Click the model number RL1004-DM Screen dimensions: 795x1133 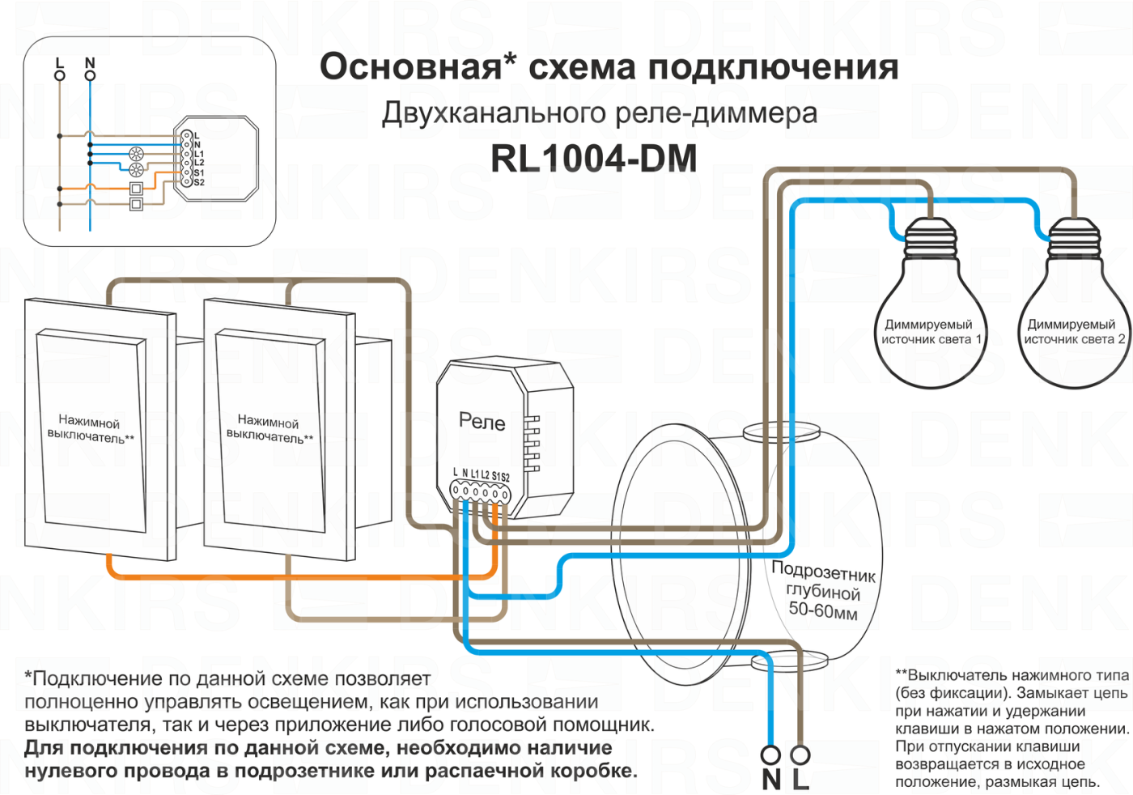593,159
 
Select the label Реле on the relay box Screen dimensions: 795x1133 482,421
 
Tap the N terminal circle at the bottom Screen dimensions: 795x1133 770,755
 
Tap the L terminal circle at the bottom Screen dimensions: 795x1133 800,755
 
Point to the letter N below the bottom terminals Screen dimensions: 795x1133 771,780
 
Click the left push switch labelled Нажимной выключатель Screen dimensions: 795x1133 91,429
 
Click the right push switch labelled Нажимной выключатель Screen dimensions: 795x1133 269,429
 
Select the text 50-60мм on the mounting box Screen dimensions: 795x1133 823,610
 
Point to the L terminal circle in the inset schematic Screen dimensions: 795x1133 60,76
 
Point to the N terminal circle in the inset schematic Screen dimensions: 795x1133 90,76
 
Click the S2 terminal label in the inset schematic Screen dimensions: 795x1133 199,183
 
